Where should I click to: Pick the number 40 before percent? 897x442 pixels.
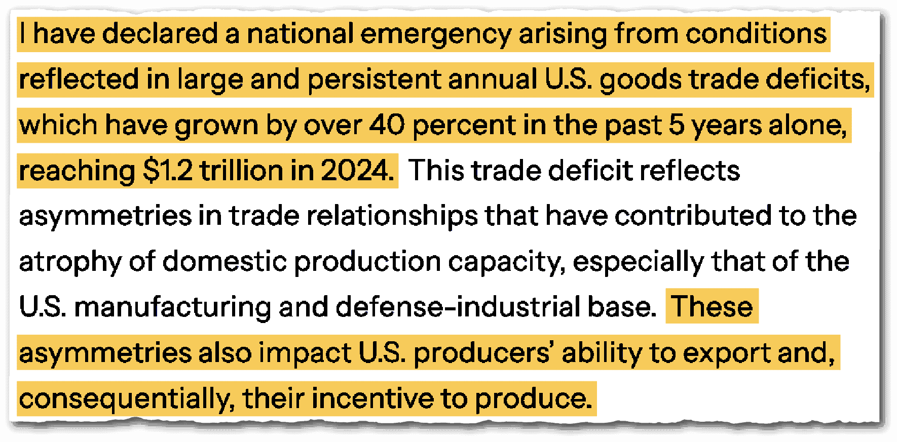pyautogui.click(x=387, y=125)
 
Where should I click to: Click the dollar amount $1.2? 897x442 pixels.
pyautogui.click(x=168, y=171)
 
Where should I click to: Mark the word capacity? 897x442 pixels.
pyautogui.click(x=506, y=263)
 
